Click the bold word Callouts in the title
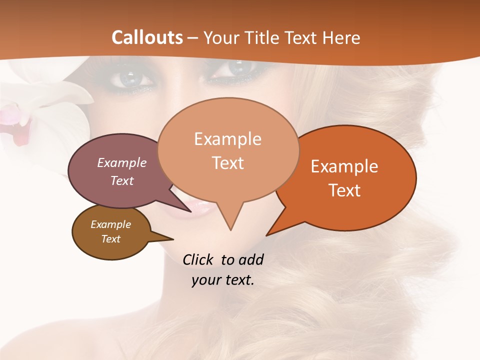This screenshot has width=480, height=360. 147,37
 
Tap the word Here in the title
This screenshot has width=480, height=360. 341,37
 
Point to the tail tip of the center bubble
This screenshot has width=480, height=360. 230,229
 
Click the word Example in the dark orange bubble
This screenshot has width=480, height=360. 344,166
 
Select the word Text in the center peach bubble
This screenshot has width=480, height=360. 228,163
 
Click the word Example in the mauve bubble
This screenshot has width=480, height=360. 122,162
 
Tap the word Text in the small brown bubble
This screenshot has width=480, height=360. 111,239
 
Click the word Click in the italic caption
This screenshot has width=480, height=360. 198,259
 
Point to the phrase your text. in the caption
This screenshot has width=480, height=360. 223,280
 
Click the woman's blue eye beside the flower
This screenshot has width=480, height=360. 128,79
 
